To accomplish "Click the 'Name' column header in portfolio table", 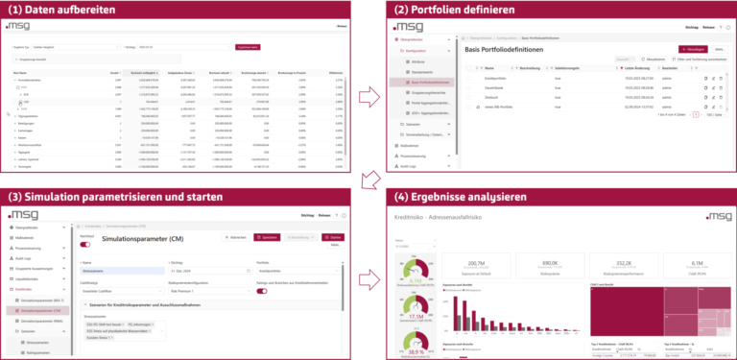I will click(490, 69).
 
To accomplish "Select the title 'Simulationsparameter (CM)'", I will click(142, 237).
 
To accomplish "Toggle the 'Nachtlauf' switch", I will click(85, 244).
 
